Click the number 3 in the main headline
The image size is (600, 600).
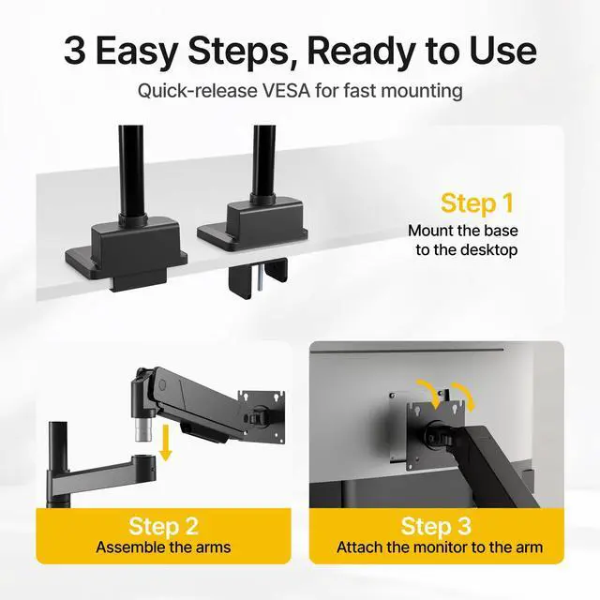(75, 51)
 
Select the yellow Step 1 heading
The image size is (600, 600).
(478, 203)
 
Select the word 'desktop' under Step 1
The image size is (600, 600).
(486, 250)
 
